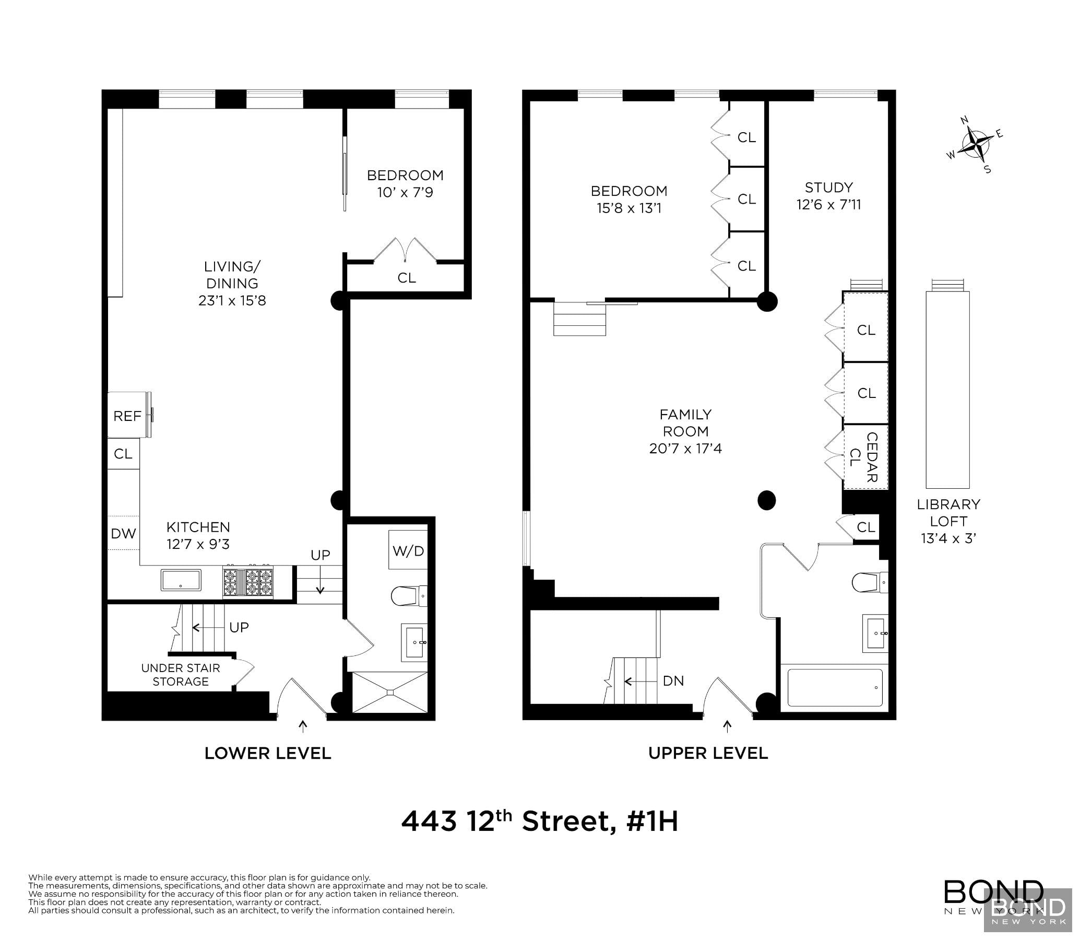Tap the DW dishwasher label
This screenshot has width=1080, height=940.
(123, 534)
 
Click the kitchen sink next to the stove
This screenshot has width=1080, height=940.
(181, 580)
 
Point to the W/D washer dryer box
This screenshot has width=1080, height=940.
(408, 550)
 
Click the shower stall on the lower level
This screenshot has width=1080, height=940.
(389, 692)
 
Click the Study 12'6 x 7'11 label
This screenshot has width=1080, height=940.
(828, 196)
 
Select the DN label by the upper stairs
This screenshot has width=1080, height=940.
(673, 681)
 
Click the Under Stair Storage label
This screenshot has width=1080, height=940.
(181, 675)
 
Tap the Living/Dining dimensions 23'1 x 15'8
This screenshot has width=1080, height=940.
(232, 301)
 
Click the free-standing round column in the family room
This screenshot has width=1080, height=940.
(766, 500)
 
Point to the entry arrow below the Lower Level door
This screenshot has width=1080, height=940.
(303, 726)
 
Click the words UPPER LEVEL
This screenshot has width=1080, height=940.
(708, 753)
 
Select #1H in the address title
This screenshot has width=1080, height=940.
(652, 821)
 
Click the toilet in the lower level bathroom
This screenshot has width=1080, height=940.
(407, 596)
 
